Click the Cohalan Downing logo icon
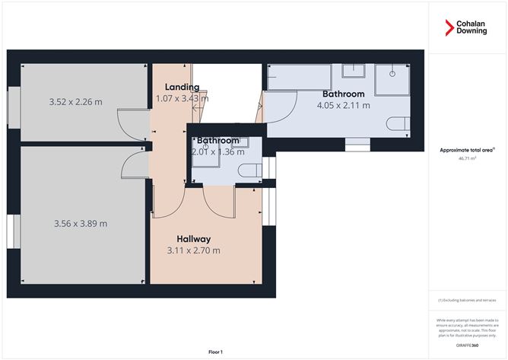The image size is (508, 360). (449, 28)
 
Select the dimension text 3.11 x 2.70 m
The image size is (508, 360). (193, 250)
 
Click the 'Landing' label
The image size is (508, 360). (182, 87)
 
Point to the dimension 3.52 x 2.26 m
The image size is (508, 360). (75, 101)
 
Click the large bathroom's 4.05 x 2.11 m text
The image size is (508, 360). (343, 105)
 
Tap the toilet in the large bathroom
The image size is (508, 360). (398, 124)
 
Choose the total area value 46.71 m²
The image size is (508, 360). (467, 159)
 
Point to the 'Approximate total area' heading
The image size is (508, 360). (467, 151)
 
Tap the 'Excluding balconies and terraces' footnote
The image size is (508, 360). (467, 301)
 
